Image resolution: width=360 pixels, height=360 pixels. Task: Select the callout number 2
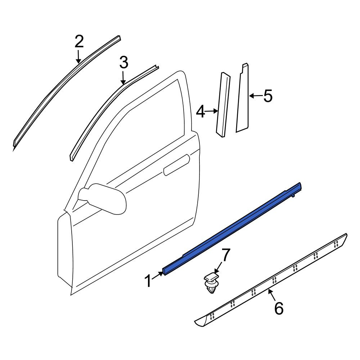point(79,41)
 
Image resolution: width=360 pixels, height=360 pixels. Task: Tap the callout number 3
point(124,62)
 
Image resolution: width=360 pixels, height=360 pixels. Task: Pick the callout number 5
point(268,96)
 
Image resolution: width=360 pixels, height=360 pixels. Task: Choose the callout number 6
point(279,308)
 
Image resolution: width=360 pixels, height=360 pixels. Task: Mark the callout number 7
point(225,255)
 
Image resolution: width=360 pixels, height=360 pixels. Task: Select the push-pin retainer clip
point(210,284)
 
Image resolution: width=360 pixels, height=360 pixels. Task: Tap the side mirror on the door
point(103,198)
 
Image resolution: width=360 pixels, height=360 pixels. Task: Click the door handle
point(176,165)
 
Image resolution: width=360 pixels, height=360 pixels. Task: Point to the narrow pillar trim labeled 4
point(223,105)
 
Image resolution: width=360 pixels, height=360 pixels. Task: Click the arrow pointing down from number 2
point(78,57)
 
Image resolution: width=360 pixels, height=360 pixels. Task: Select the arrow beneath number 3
point(123,78)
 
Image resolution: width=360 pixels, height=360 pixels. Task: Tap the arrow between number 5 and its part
point(255,96)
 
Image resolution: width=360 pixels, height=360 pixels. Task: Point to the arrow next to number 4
point(211,111)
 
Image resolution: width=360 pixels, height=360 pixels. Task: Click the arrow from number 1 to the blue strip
point(158,275)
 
